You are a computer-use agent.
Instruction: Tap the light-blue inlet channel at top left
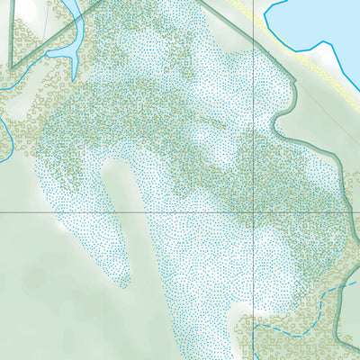(x=77, y=27)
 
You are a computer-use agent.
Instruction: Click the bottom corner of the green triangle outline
(x=12, y=68)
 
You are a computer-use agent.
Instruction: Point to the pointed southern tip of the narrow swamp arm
(x=126, y=286)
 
